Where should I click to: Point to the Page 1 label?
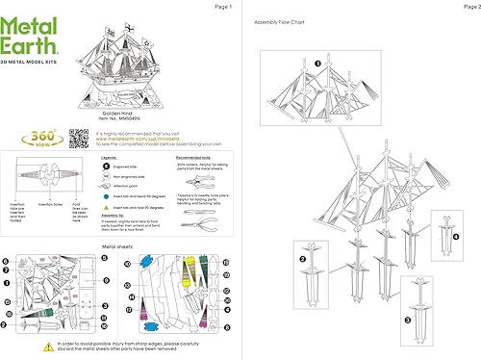click(223, 6)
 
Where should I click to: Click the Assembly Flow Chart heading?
click(280, 21)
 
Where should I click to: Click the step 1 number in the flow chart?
click(316, 64)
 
